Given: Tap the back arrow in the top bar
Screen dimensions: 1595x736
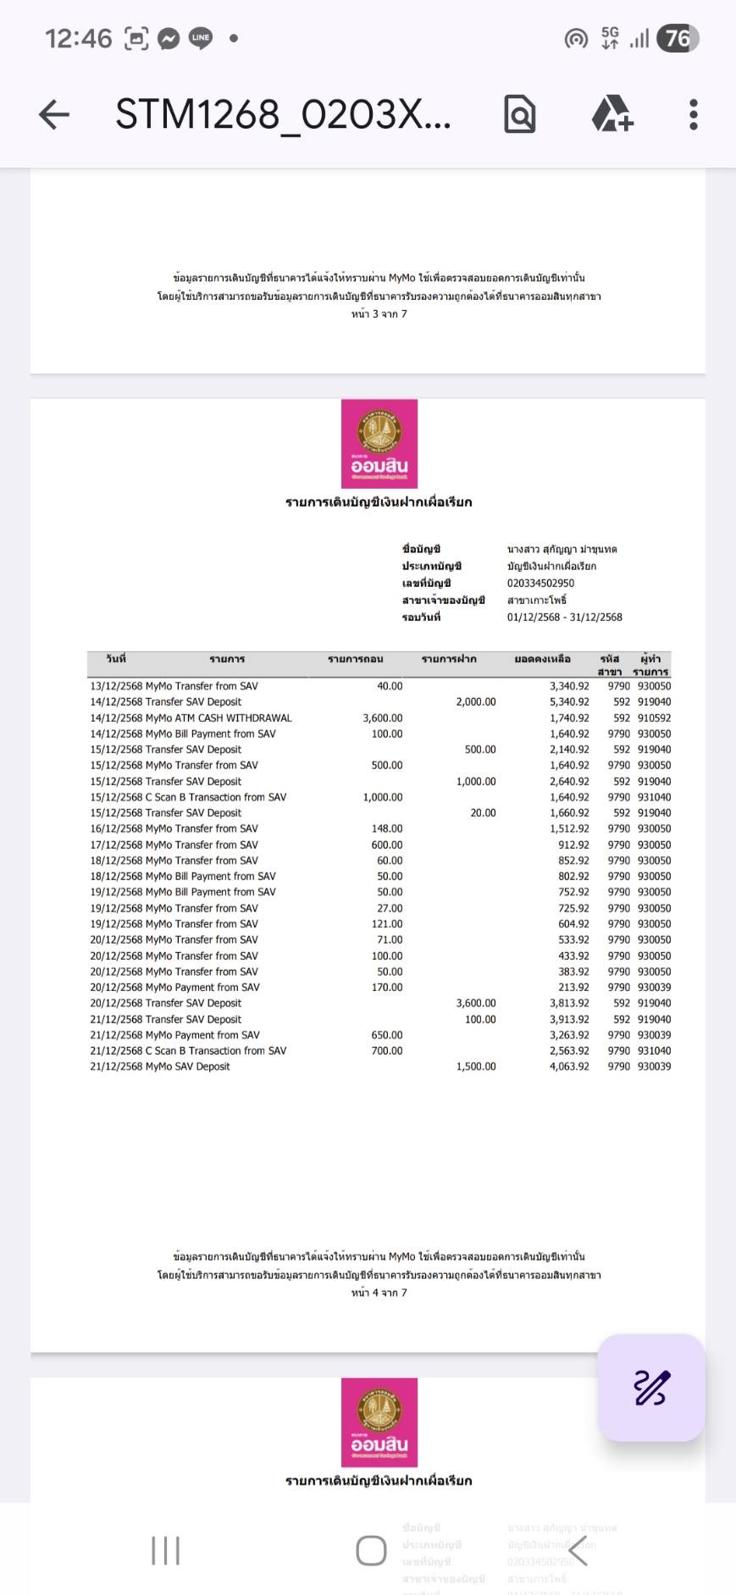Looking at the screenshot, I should click(54, 114).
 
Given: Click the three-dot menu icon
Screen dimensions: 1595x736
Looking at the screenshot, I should click(693, 114).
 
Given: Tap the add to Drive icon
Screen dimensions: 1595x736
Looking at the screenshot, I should click(611, 114).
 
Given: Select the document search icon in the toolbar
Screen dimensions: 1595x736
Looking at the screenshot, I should click(519, 114).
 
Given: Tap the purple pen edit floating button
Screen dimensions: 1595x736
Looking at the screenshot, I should click(650, 1387).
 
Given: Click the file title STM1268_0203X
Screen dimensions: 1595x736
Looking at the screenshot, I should click(283, 114).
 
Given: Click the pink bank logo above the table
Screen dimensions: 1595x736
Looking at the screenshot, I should click(379, 443).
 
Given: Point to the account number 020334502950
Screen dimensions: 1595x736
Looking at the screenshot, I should click(540, 583).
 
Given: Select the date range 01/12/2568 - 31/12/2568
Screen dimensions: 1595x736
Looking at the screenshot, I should click(564, 617).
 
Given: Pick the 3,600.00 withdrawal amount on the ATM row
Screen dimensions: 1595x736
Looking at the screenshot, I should click(383, 717).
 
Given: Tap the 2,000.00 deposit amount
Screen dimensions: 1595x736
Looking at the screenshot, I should click(476, 701).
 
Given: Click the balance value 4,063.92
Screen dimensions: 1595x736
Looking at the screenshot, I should click(569, 1066).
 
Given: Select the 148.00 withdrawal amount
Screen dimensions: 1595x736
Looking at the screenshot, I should click(387, 828).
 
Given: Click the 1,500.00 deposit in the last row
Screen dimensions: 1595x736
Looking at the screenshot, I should click(476, 1066).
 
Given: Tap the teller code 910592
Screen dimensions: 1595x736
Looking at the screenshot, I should click(654, 717).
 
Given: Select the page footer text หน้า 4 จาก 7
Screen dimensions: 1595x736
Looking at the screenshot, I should click(379, 1293).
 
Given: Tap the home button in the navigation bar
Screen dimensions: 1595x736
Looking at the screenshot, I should click(371, 1551).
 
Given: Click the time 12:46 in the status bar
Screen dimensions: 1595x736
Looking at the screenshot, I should click(78, 38).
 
